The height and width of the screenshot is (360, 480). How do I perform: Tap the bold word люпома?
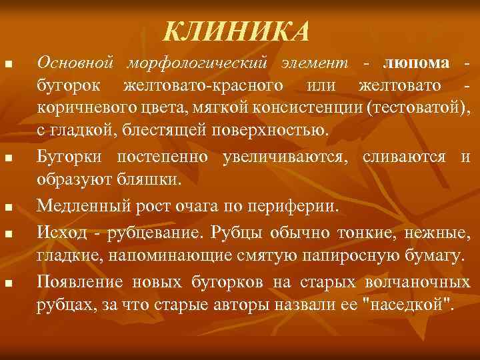tap(417, 63)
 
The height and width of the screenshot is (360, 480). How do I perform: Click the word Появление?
tap(79, 281)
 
